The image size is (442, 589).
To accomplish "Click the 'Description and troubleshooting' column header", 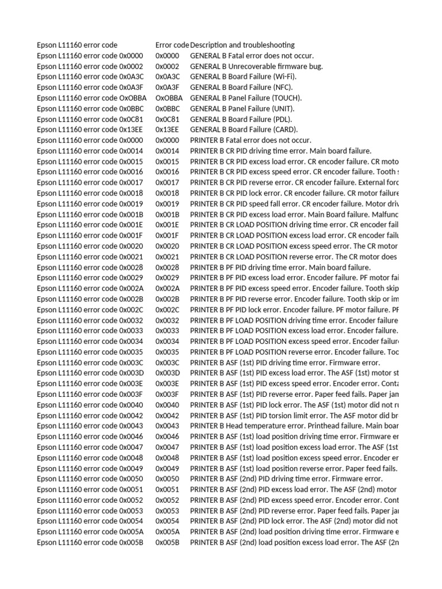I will click(x=242, y=45).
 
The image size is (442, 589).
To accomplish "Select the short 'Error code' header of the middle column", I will click(x=172, y=45).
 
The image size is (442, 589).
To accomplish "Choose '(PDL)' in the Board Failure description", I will click(x=281, y=119).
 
